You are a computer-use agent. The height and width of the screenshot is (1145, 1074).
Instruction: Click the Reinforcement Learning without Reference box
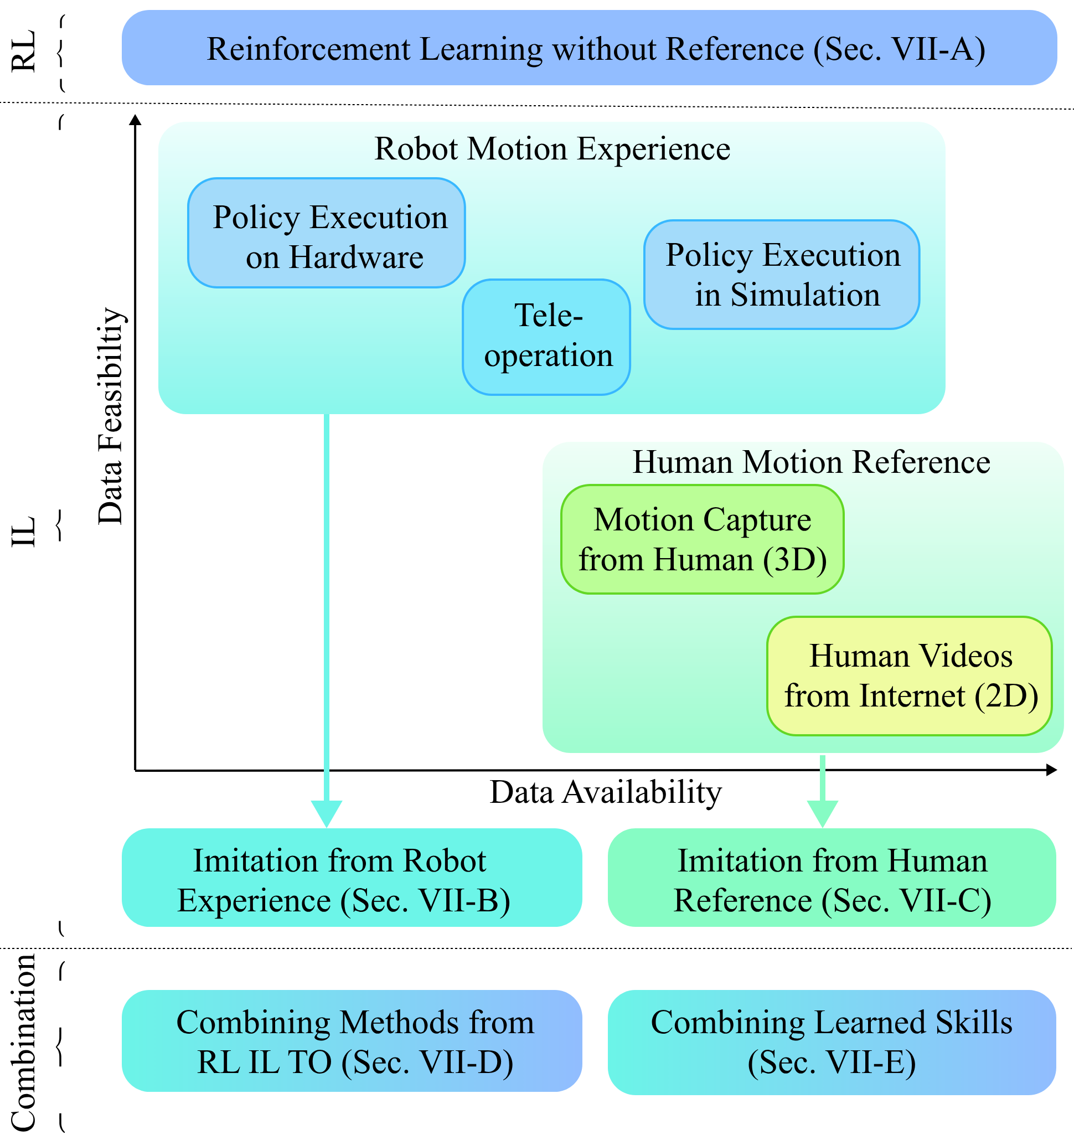click(589, 48)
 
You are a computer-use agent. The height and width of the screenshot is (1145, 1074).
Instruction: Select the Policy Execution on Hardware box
click(327, 233)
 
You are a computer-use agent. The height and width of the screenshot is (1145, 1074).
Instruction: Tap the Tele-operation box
click(546, 337)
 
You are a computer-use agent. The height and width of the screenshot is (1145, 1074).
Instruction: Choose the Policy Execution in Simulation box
click(782, 275)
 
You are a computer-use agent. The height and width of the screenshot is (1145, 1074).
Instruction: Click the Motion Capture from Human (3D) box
click(703, 539)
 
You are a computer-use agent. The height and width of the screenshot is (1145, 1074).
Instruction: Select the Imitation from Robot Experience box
click(352, 877)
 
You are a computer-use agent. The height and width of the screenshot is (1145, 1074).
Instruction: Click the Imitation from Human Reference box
click(832, 877)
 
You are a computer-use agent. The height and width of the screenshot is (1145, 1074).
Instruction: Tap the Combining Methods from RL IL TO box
click(352, 1041)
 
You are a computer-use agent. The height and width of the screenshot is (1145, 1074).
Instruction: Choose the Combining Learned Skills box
click(832, 1043)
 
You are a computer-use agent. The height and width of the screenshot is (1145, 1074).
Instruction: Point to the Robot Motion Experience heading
click(553, 149)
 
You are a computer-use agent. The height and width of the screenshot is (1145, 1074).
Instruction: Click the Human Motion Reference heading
click(812, 462)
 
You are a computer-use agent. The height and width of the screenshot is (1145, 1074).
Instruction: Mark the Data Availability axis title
click(606, 792)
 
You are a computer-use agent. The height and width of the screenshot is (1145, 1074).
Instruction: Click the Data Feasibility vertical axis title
click(111, 416)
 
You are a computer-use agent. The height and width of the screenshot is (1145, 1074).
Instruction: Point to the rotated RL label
click(24, 51)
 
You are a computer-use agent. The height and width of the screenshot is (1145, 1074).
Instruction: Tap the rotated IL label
click(24, 532)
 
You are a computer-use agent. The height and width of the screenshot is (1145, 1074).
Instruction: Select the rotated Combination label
click(24, 1043)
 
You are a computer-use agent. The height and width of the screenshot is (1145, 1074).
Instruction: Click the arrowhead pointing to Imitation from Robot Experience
click(327, 814)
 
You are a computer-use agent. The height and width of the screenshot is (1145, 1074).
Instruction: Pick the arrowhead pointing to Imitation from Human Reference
click(822, 814)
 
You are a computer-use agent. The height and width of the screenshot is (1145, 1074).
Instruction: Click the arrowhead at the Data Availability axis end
click(1051, 770)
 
